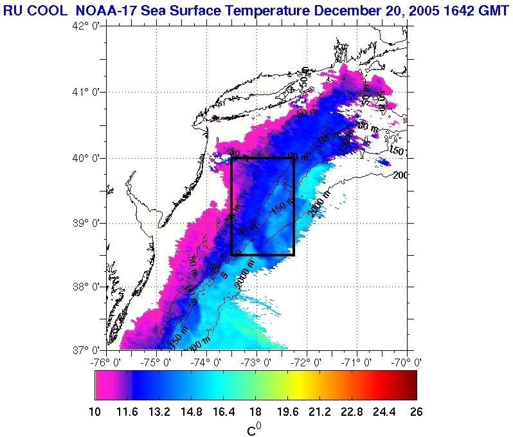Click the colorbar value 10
click(95, 411)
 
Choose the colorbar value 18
click(255, 411)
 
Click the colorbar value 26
click(416, 411)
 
